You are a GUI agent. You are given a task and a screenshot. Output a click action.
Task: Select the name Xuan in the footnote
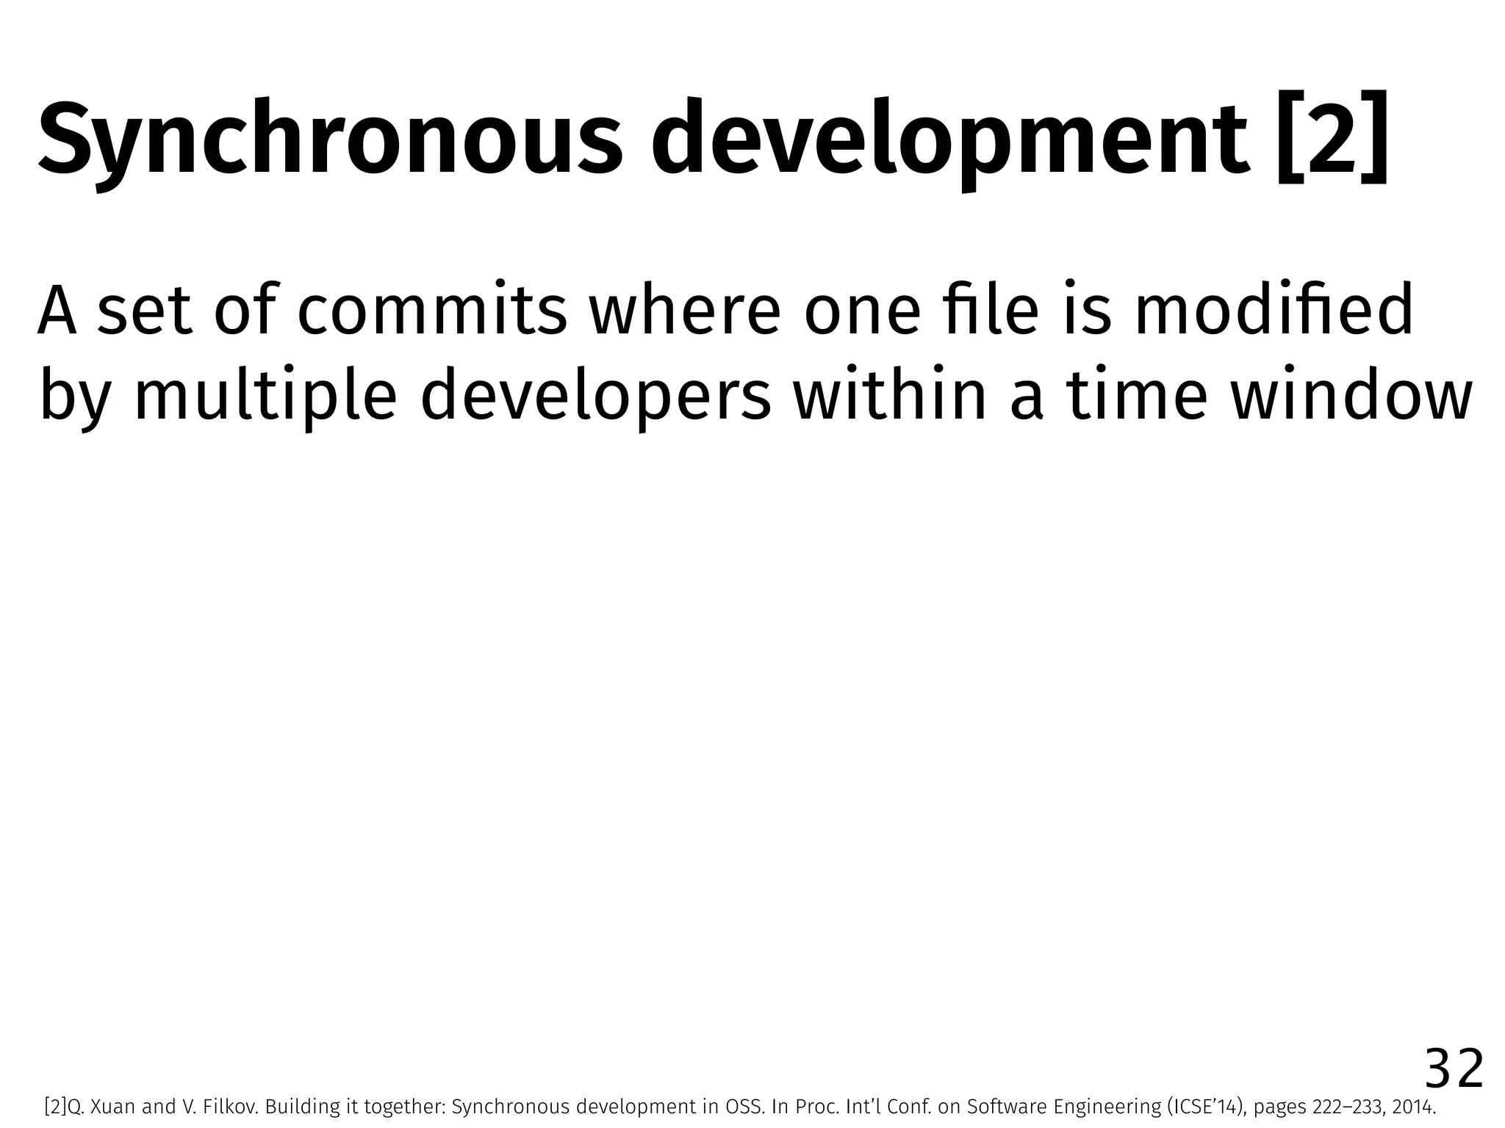point(117,1107)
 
